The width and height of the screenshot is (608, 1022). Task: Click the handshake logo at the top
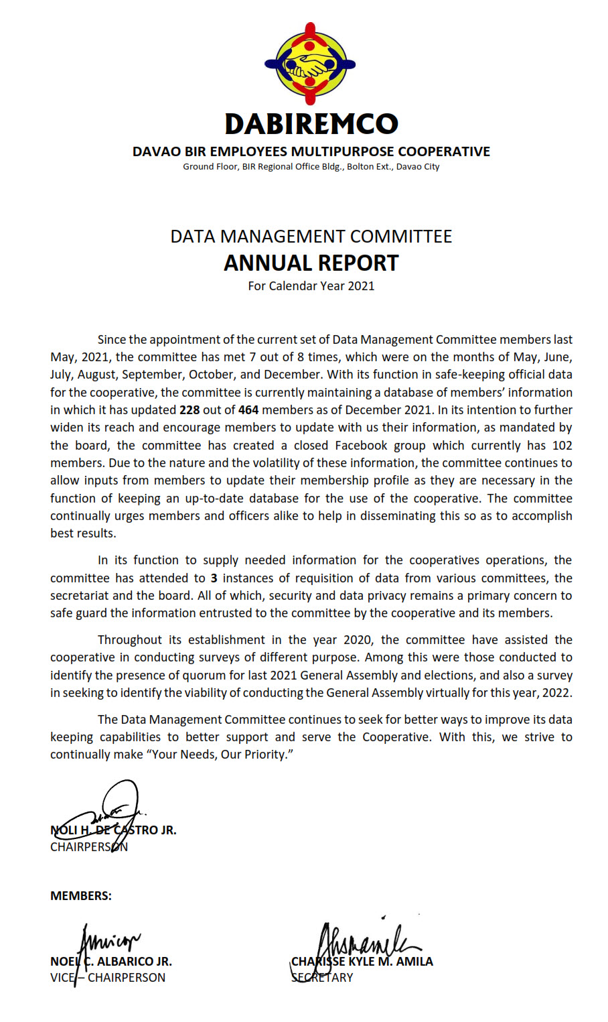click(x=310, y=64)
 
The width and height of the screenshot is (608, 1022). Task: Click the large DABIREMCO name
click(x=311, y=124)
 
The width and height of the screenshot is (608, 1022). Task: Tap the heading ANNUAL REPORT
click(x=311, y=263)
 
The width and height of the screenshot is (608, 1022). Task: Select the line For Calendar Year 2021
click(x=311, y=286)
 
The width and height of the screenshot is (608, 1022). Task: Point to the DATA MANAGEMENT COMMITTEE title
click(x=311, y=237)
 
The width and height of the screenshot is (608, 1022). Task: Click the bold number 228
click(x=189, y=410)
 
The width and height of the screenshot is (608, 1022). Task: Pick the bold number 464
click(x=248, y=410)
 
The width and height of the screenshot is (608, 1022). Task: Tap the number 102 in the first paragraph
click(x=562, y=446)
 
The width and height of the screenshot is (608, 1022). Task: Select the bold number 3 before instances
click(x=214, y=578)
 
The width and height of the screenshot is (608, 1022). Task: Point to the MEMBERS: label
click(x=81, y=896)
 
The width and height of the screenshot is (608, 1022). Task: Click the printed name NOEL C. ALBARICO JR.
click(x=111, y=962)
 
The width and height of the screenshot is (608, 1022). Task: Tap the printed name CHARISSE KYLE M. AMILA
click(x=362, y=962)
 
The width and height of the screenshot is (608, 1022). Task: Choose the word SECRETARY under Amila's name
click(x=322, y=978)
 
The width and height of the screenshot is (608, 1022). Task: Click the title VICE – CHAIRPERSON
click(x=108, y=978)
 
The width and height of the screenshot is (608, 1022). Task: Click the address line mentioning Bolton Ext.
click(x=311, y=167)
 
